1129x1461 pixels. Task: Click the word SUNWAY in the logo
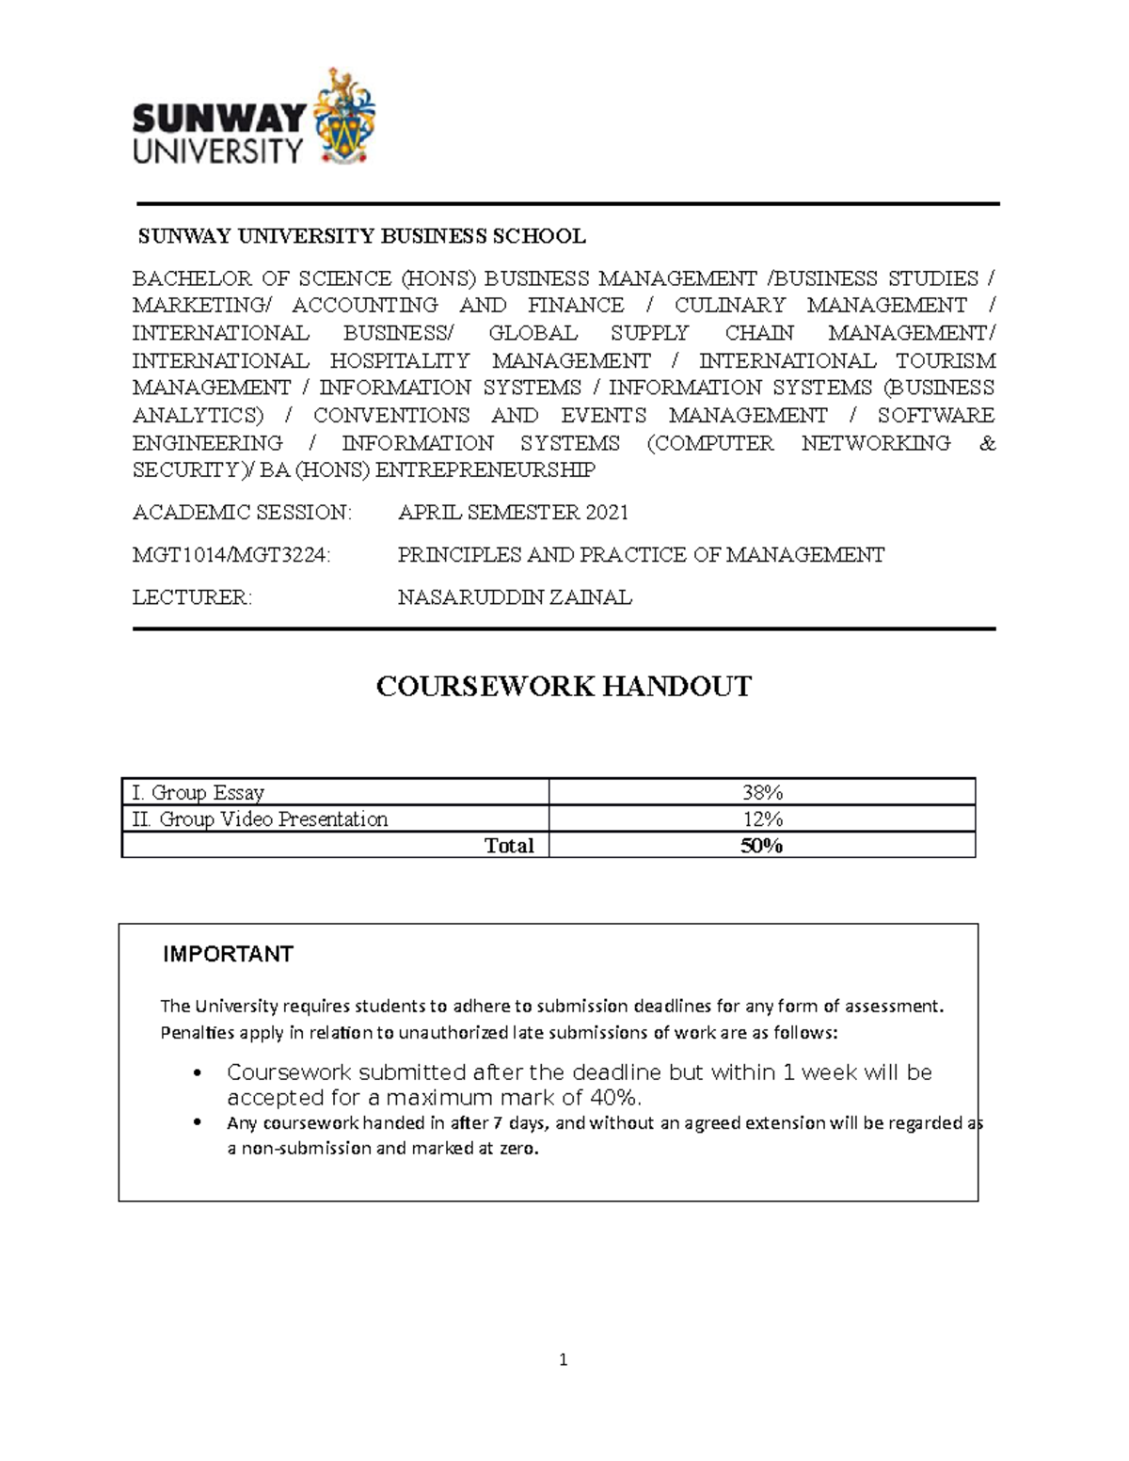(x=219, y=119)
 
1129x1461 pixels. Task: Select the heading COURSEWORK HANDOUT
(x=564, y=687)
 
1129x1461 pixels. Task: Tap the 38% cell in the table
(x=761, y=792)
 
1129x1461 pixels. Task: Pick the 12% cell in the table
(x=761, y=818)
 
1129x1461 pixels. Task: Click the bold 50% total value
(x=761, y=845)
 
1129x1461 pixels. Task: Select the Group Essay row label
(x=199, y=792)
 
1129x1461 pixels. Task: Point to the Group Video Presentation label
(x=260, y=818)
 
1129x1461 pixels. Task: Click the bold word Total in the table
(x=508, y=845)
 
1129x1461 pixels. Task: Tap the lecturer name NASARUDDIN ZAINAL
(x=515, y=597)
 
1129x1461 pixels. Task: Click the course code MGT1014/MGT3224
(x=231, y=555)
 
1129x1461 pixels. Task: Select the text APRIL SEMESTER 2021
(x=513, y=513)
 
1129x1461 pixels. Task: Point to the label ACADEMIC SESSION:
(x=242, y=513)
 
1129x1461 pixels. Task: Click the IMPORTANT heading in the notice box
(x=228, y=954)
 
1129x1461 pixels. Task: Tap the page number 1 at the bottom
(x=563, y=1359)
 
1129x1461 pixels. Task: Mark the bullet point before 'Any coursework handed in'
(x=197, y=1122)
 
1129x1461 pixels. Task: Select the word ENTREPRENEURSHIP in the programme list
(x=485, y=469)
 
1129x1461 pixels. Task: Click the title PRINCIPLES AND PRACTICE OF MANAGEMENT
(x=641, y=555)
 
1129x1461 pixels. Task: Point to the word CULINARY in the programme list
(x=729, y=305)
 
